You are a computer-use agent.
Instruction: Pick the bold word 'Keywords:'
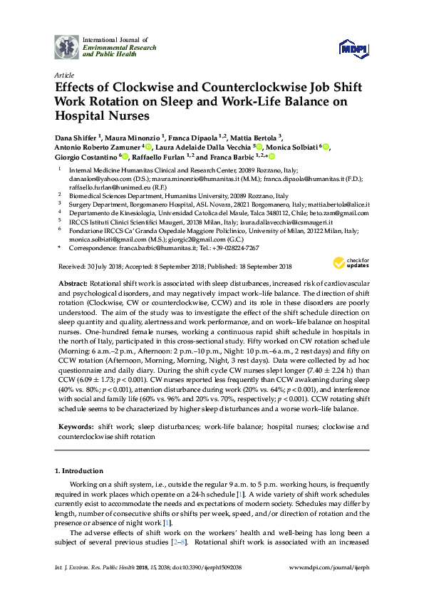click(x=76, y=426)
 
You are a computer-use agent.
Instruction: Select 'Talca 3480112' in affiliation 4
click(x=258, y=212)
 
